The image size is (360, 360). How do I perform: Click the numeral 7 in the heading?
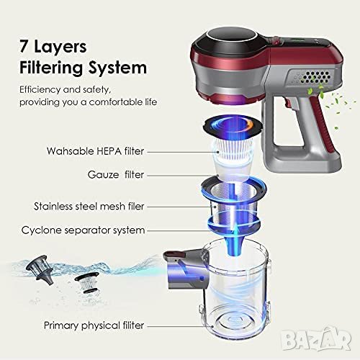pos(23,46)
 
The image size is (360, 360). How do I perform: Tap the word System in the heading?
pos(117,68)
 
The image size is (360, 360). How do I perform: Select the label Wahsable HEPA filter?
pos(95,151)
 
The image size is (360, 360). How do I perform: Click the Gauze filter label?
pos(116,174)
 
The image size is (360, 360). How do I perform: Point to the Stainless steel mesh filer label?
pos(89,207)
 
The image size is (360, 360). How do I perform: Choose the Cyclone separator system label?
pos(83,230)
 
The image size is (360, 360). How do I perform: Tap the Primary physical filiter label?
pos(94,325)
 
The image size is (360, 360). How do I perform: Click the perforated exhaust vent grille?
pos(315,77)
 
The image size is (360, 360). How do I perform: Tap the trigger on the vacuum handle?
pos(289,103)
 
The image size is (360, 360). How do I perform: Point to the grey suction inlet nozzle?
pos(185,269)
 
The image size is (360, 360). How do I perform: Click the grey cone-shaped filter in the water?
pos(40,269)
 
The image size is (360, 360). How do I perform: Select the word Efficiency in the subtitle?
pos(40,90)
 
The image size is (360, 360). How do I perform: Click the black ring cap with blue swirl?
pos(233,126)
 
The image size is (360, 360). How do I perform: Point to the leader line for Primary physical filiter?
pos(180,326)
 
